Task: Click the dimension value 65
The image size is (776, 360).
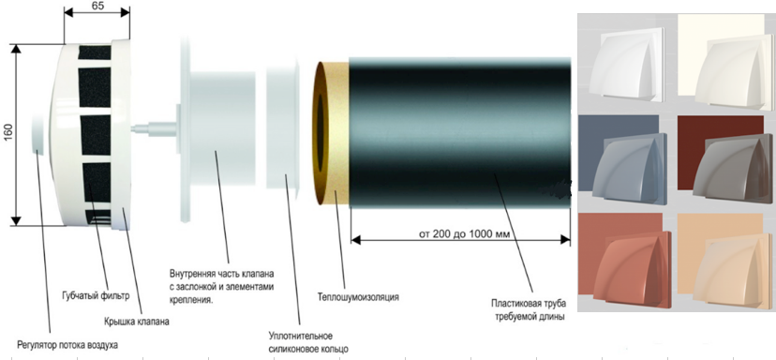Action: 97,6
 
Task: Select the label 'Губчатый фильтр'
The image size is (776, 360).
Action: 96,296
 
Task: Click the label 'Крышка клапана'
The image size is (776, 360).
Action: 137,322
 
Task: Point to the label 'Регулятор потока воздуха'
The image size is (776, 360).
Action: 67,345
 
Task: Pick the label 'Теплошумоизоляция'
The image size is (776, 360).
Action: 358,297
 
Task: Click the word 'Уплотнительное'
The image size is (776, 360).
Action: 301,337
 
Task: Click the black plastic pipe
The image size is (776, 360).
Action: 460,132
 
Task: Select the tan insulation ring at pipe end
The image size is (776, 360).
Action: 331,133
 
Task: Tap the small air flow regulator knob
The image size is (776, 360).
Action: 38,134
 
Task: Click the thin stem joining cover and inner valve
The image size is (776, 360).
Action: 154,129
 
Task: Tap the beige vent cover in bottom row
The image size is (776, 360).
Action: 732,270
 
